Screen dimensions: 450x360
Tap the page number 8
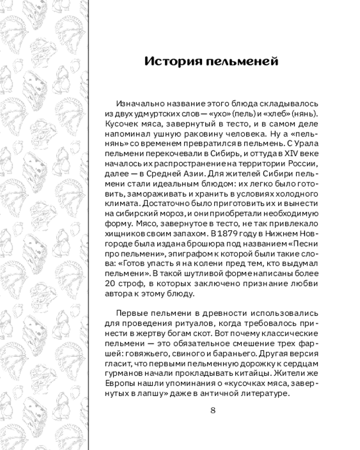[213, 409]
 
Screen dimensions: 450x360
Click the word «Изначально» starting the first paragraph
[138, 103]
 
